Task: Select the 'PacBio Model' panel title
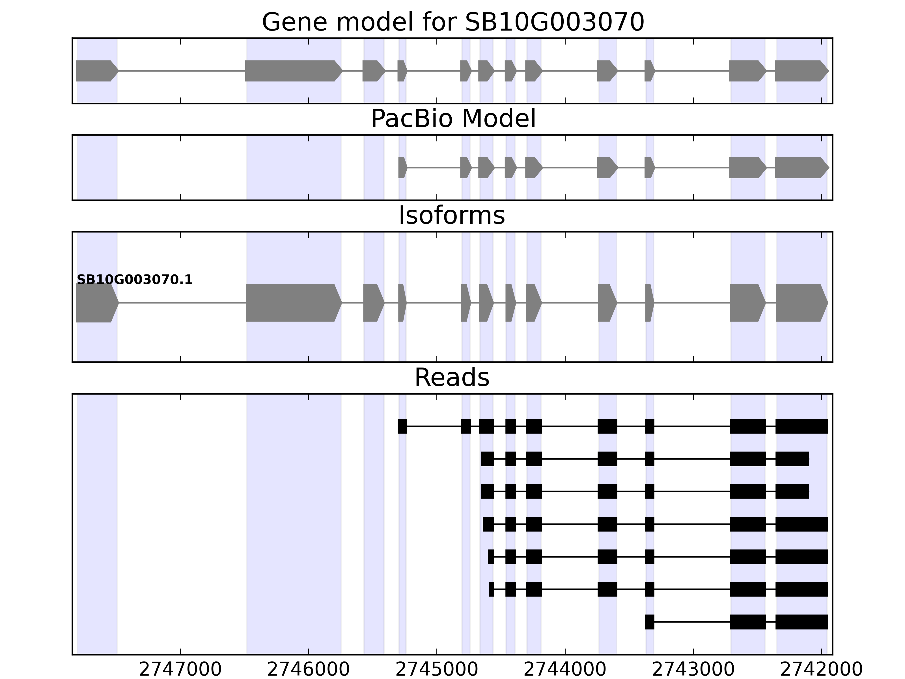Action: pos(453,119)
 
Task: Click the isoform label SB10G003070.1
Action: pos(135,280)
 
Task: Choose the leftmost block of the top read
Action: pos(402,426)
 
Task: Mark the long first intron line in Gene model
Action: pos(182,71)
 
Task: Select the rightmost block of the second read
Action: pos(792,459)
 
